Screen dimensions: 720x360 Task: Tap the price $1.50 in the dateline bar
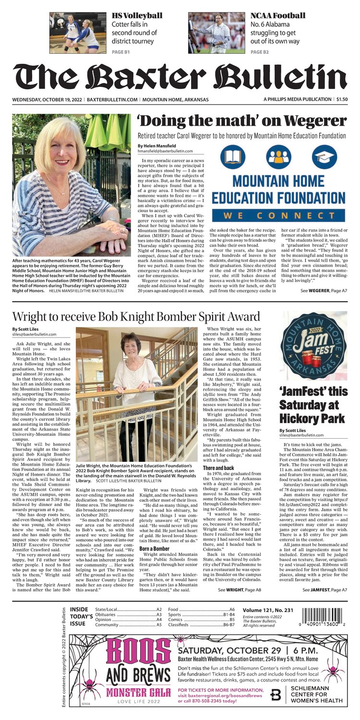tap(342, 99)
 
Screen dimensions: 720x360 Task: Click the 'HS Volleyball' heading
tap(137, 15)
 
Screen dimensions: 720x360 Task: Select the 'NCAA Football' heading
tap(277, 15)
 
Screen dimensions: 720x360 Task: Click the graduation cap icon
tap(324, 156)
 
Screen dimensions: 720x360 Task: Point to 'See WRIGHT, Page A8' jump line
tap(239, 589)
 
